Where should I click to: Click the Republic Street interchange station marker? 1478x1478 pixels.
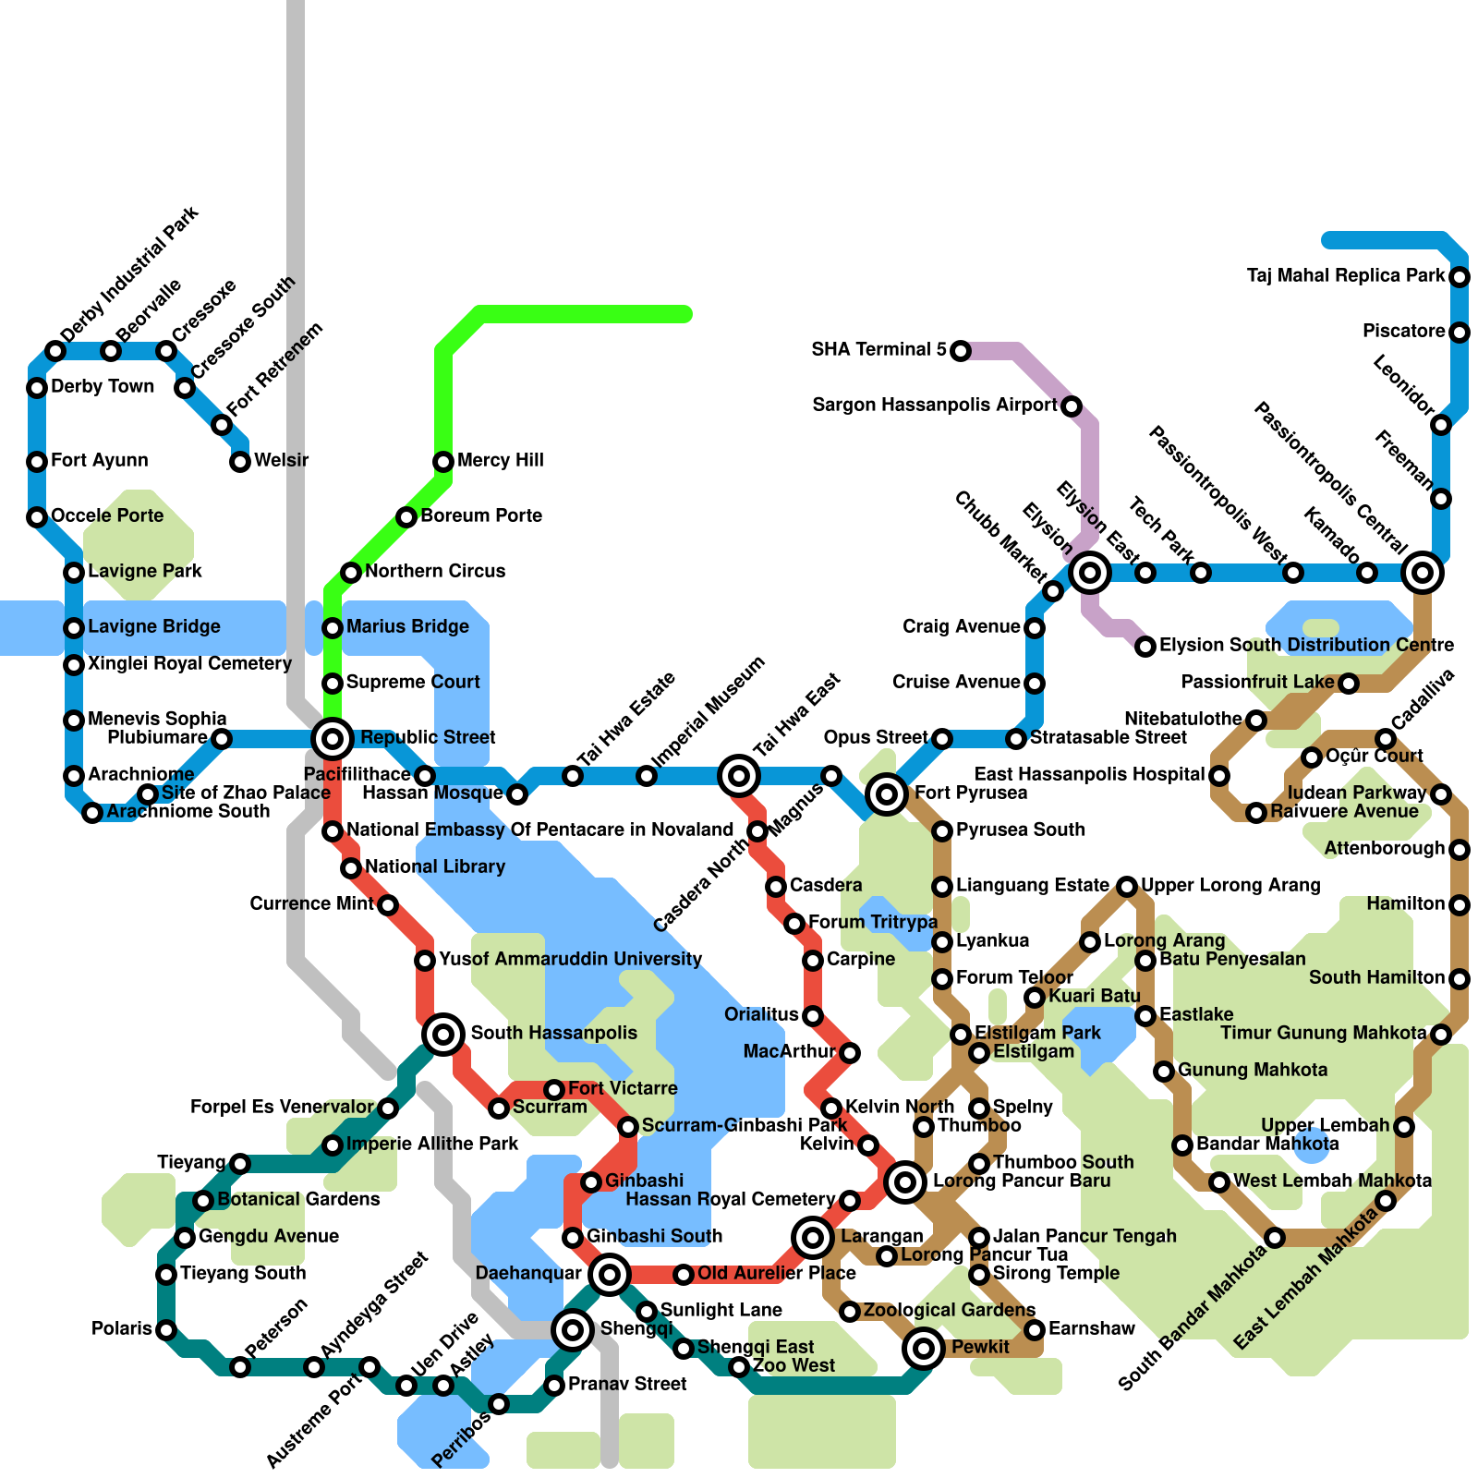point(333,738)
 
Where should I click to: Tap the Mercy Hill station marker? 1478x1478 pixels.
point(443,461)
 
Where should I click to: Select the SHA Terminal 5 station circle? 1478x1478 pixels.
point(961,350)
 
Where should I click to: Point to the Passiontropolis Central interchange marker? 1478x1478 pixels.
point(1423,573)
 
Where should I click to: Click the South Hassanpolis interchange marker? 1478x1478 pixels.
point(443,1034)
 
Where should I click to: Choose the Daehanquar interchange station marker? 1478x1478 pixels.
point(610,1275)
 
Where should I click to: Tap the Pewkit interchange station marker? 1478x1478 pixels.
point(924,1349)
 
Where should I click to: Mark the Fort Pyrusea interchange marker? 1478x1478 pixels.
point(887,794)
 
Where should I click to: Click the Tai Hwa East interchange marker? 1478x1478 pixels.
point(739,775)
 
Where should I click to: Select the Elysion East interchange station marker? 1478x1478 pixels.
point(1090,573)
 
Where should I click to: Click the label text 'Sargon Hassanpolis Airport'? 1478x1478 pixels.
point(934,405)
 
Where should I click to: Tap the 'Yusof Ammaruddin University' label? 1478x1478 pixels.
point(570,959)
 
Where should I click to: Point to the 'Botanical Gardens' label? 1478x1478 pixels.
point(298,1199)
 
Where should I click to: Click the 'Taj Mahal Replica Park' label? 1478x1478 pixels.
point(1345,275)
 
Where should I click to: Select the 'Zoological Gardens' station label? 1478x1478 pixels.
point(949,1310)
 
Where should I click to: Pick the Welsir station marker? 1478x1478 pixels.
point(240,461)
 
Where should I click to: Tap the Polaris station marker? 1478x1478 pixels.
point(166,1330)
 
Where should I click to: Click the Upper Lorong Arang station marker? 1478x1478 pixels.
point(1127,887)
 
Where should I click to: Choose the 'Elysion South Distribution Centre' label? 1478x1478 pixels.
point(1306,645)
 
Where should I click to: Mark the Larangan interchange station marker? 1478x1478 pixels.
point(813,1237)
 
